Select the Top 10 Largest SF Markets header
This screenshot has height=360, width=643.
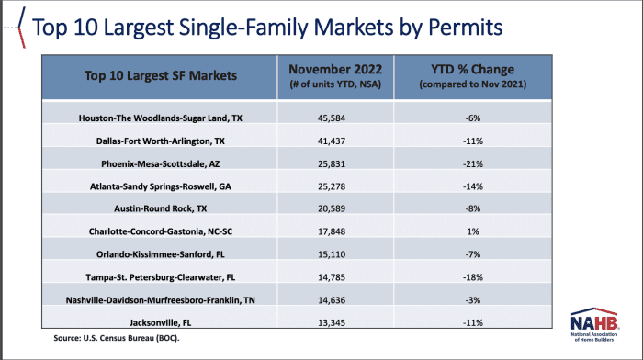(160, 75)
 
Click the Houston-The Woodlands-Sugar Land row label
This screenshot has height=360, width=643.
(160, 118)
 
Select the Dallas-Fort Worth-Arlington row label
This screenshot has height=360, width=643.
(160, 141)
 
